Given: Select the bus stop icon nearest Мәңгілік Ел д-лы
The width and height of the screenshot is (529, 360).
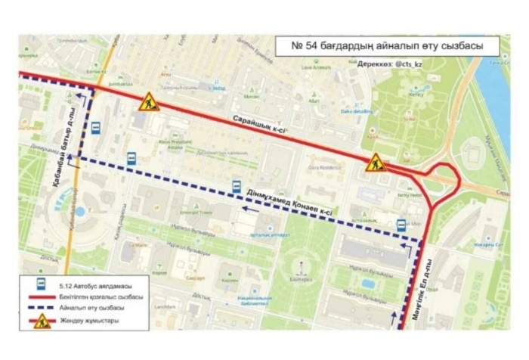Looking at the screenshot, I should click(x=401, y=225).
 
